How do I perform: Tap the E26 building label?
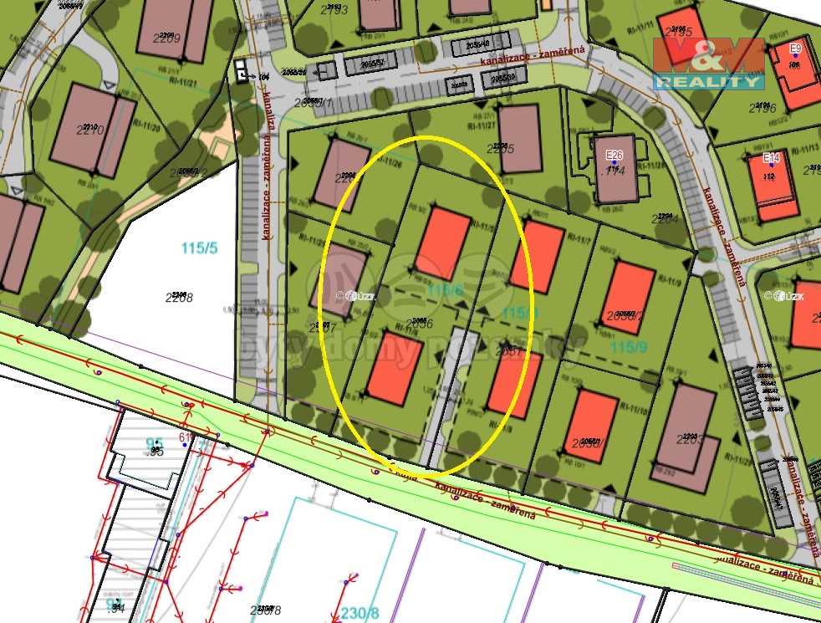click(614, 155)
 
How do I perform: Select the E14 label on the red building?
click(771, 157)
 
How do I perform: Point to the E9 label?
click(795, 49)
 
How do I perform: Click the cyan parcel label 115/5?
click(199, 248)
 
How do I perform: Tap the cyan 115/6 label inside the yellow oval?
click(445, 289)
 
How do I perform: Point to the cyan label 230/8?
click(360, 614)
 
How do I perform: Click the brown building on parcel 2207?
click(344, 280)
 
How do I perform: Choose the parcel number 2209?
click(166, 38)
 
